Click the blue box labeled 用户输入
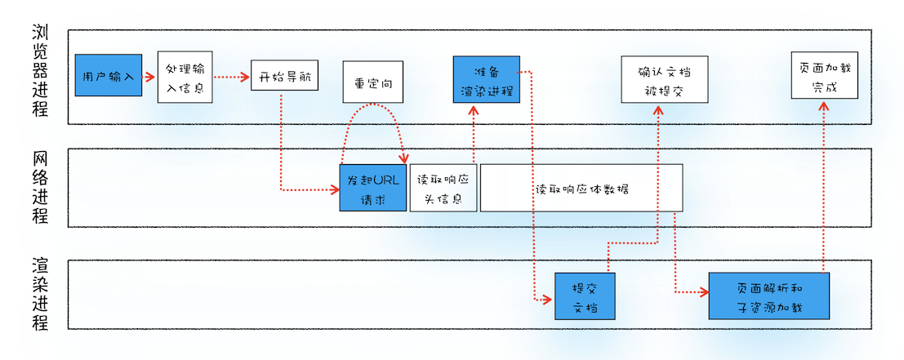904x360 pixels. [x=109, y=77]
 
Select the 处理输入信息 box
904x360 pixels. [x=185, y=77]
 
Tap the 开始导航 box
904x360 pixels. [x=283, y=77]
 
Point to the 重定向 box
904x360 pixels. [x=373, y=82]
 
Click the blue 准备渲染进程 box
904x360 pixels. [x=486, y=80]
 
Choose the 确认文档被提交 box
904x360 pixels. [x=664, y=79]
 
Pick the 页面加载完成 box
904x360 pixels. [x=824, y=76]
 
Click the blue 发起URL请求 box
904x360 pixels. [x=372, y=188]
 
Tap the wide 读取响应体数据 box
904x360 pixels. [x=581, y=188]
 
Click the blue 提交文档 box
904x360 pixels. [x=585, y=296]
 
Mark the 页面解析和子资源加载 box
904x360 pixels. [x=768, y=296]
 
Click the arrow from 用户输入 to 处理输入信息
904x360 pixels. [x=149, y=78]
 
